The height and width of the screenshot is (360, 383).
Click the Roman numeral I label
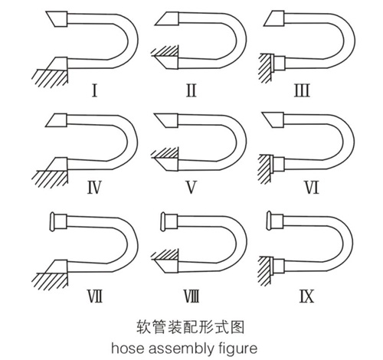(94, 90)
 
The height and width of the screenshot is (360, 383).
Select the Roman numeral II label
(191, 90)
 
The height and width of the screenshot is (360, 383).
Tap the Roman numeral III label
(302, 90)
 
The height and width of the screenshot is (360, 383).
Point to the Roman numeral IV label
(94, 188)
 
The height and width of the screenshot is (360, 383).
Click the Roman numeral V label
(191, 188)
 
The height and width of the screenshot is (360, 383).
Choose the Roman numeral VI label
(312, 188)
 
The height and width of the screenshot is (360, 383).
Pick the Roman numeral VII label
(95, 296)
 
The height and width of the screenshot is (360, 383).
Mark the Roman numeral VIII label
(191, 296)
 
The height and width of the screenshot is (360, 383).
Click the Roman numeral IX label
(306, 296)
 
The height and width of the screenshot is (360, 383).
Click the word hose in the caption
(127, 349)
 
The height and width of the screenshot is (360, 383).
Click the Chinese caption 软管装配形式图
(190, 327)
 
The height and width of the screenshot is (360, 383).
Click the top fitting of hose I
(57, 18)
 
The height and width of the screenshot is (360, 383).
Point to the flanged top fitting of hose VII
(59, 221)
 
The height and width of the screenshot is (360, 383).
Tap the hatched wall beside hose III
(266, 68)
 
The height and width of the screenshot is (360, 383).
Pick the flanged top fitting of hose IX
(274, 221)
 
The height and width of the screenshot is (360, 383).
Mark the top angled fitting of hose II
(168, 19)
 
